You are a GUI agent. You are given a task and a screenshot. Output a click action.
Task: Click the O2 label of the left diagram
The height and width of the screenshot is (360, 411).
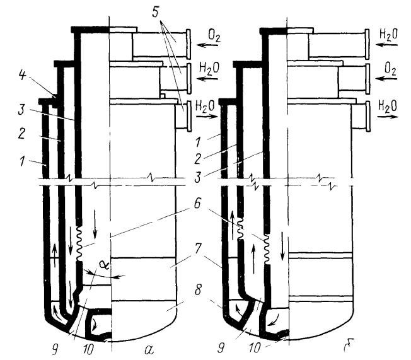pyautogui.click(x=214, y=36)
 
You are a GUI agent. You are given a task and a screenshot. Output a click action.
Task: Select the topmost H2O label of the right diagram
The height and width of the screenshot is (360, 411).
pyautogui.click(x=388, y=34)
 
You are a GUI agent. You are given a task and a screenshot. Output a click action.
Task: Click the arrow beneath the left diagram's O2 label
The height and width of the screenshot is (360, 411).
pyautogui.click(x=207, y=45)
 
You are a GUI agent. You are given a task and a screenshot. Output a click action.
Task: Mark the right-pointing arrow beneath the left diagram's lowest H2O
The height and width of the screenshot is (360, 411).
pyautogui.click(x=207, y=117)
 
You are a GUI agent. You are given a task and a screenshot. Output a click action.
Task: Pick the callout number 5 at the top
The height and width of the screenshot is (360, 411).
pyautogui.click(x=156, y=11)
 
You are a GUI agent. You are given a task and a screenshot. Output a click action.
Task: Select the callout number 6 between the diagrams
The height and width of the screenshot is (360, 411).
pyautogui.click(x=197, y=203)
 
